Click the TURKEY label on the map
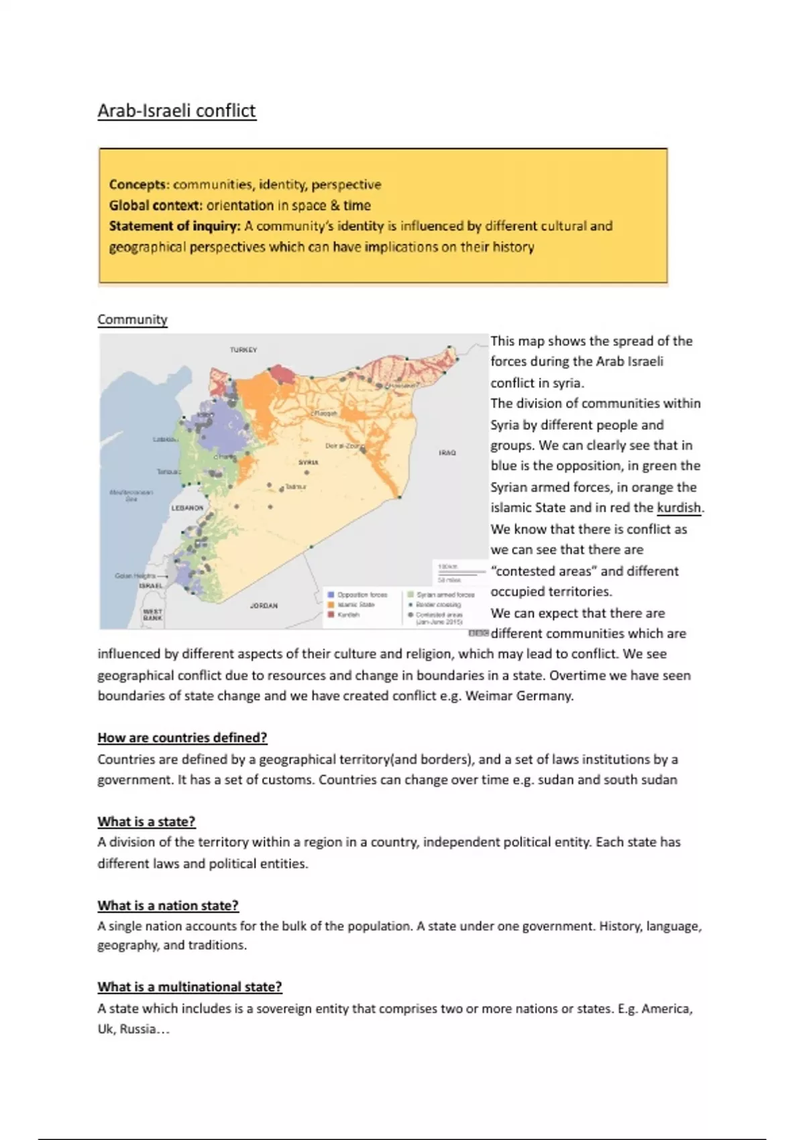[x=244, y=350]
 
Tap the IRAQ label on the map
[x=447, y=453]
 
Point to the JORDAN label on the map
[x=264, y=606]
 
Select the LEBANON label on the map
[x=187, y=508]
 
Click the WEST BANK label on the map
[x=152, y=614]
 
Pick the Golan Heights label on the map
[x=136, y=576]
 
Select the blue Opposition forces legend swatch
[x=331, y=595]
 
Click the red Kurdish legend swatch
[x=331, y=614]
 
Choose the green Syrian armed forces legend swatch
[x=411, y=595]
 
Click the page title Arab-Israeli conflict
[x=176, y=111]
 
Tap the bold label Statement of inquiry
[x=174, y=226]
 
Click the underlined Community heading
[x=132, y=320]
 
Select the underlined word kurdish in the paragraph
[x=679, y=508]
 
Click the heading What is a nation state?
[x=168, y=905]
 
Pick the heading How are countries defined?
[x=182, y=738]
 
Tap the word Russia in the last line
[x=138, y=1029]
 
